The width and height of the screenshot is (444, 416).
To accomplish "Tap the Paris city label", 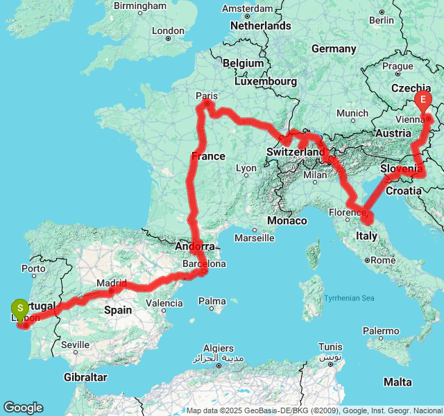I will tap(207, 96).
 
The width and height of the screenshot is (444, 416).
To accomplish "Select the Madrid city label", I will tap(112, 283).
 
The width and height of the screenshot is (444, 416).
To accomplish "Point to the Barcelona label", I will tap(203, 264).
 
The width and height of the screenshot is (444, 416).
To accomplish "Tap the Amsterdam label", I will tap(246, 9).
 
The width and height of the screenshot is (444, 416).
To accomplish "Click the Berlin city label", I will tap(382, 20).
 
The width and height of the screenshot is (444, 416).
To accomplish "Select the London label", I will tap(168, 31).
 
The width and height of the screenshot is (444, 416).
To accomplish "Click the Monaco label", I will tap(287, 220).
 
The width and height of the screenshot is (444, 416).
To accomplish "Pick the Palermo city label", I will tap(382, 331).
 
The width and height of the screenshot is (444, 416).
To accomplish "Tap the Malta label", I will tap(398, 382).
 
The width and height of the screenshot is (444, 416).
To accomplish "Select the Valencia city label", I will tap(164, 303).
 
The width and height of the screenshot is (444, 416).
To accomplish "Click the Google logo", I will tap(23, 408).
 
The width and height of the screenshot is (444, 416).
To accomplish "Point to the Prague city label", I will tap(398, 67).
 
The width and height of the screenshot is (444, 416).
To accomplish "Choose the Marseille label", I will tap(254, 238).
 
